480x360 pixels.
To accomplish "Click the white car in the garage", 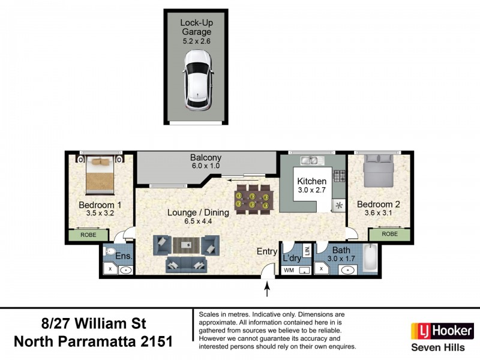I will tap(198, 79).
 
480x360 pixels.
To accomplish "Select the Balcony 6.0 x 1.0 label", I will tap(206, 163).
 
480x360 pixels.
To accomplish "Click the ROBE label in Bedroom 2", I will tap(389, 234).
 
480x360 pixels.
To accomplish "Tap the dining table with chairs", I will tap(252, 198).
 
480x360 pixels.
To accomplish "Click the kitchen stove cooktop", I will tap(340, 176).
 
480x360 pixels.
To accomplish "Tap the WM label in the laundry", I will tap(289, 271).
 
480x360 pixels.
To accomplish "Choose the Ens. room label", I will tap(124, 257).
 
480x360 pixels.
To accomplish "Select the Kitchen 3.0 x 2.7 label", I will tap(312, 185).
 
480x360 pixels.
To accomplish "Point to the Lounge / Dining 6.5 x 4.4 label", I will tap(189, 216).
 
